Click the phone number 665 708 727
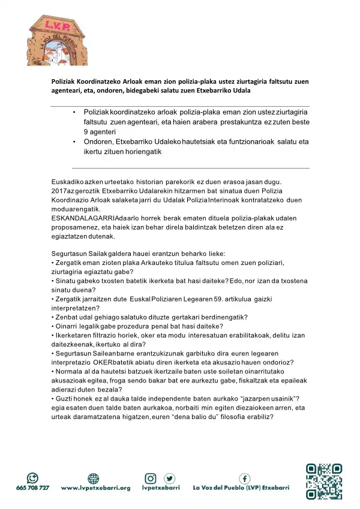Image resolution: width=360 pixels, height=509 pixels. (32, 488)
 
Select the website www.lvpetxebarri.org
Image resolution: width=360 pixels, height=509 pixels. (95, 488)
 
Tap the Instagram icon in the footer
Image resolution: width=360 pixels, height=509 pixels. (151, 478)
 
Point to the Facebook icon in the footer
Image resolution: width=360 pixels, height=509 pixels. (245, 478)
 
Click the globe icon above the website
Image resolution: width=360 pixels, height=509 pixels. (94, 478)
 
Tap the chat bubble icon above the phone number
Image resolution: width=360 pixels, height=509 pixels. (32, 478)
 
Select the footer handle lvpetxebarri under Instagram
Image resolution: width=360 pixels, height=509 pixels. (161, 488)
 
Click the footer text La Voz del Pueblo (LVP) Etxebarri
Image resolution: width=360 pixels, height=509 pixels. (241, 488)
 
